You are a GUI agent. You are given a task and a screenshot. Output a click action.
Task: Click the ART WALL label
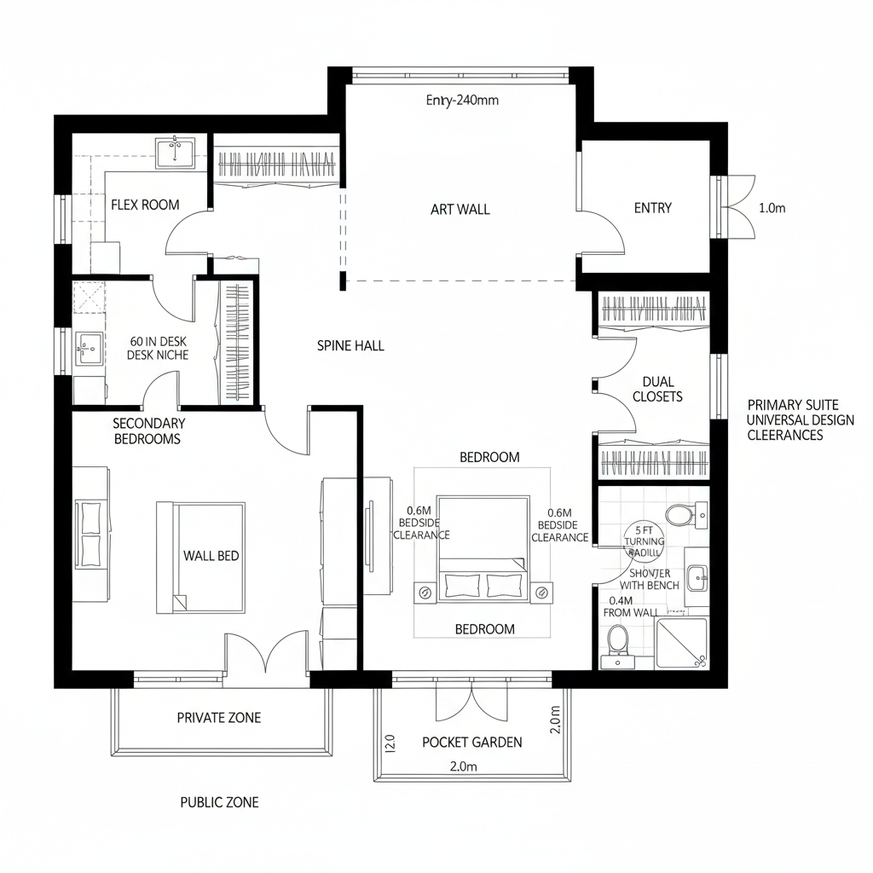click(460, 209)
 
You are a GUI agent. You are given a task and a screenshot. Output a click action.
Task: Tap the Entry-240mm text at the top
click(461, 100)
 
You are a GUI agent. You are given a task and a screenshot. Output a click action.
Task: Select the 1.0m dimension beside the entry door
click(771, 208)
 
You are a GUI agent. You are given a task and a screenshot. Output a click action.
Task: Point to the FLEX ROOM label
click(145, 205)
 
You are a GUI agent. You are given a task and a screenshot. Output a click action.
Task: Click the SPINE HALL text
click(350, 345)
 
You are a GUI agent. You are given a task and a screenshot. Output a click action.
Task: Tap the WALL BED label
click(211, 556)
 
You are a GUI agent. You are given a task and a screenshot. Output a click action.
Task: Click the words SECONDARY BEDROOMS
click(147, 431)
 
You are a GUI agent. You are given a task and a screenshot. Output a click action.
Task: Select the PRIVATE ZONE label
click(219, 718)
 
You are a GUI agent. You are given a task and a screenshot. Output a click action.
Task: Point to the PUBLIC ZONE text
click(219, 802)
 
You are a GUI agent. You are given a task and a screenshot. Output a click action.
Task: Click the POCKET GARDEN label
click(472, 742)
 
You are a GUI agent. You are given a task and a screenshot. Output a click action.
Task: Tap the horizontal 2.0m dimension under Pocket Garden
click(463, 766)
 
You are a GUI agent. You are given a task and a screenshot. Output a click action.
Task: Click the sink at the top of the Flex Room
click(176, 152)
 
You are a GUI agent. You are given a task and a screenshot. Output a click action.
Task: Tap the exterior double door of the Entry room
click(735, 207)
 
